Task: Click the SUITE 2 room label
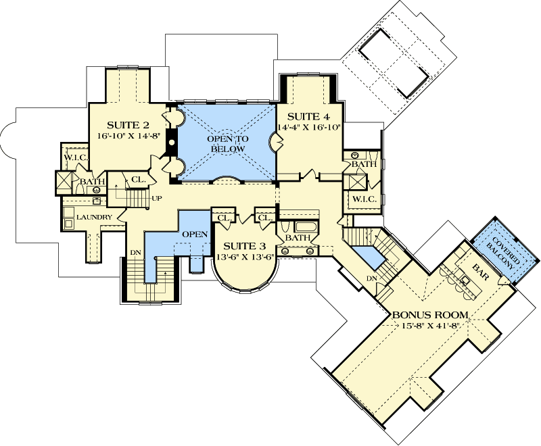[x=128, y=125]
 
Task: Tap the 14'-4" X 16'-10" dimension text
[x=310, y=126]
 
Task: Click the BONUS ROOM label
[x=430, y=315]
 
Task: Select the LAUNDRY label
[x=93, y=217]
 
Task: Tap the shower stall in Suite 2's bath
[x=65, y=181]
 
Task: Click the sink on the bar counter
[x=466, y=278]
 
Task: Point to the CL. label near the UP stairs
[x=138, y=180]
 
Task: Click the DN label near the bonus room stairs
[x=371, y=278]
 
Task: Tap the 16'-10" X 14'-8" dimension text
[x=128, y=135]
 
